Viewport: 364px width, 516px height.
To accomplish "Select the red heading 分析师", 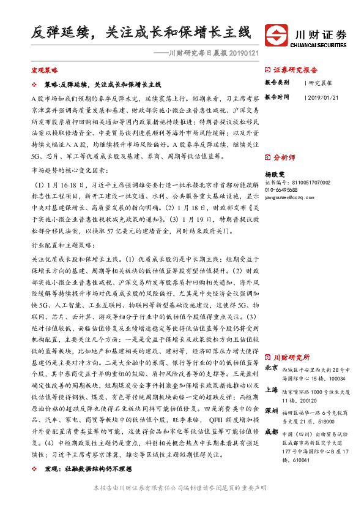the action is coord(284,157).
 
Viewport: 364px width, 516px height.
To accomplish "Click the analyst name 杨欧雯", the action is coord(275,174).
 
